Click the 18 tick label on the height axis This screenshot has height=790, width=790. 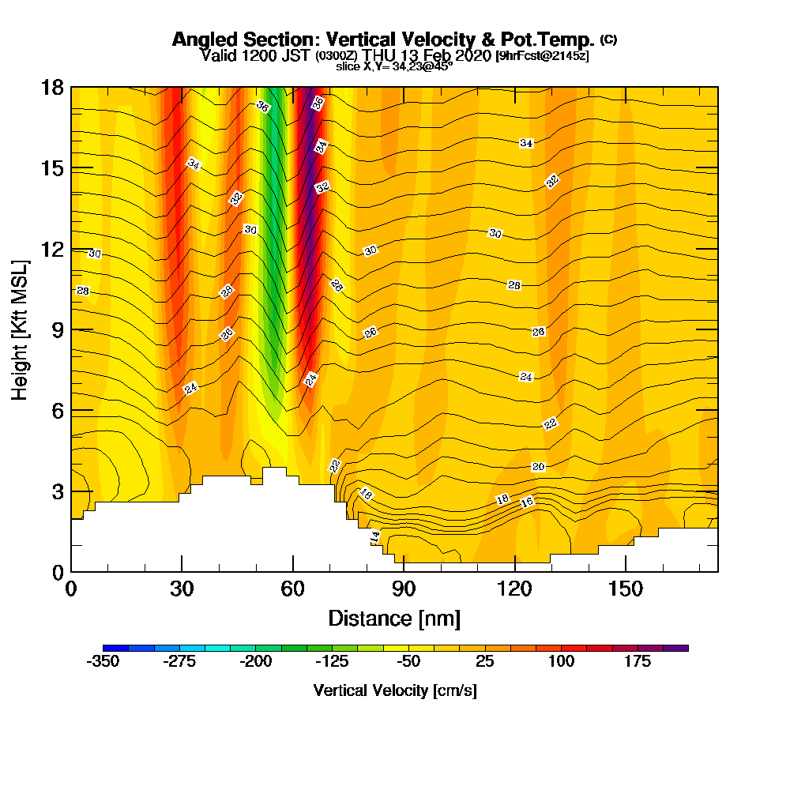click(x=52, y=87)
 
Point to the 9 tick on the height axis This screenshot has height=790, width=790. click(x=71, y=329)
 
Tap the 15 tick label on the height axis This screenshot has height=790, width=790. click(x=52, y=168)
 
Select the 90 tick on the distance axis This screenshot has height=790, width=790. click(x=404, y=571)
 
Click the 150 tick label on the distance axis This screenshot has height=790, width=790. click(x=625, y=589)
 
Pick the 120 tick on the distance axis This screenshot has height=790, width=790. click(x=514, y=571)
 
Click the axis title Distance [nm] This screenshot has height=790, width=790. click(x=394, y=618)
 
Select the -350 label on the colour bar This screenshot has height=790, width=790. click(x=103, y=662)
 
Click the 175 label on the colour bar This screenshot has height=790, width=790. click(x=638, y=662)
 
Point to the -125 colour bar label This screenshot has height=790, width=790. click(x=332, y=662)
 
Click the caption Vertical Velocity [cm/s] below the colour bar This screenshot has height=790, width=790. click(x=395, y=690)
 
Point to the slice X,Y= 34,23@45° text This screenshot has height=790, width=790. click(x=394, y=66)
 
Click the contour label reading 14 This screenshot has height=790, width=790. click(x=375, y=536)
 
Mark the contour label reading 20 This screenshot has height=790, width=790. click(x=538, y=467)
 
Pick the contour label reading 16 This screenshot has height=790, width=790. click(x=527, y=502)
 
